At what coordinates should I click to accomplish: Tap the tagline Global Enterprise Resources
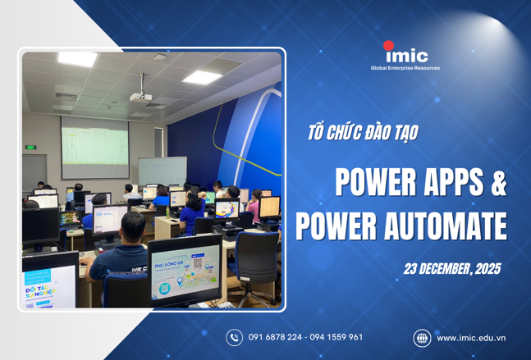pyautogui.click(x=405, y=68)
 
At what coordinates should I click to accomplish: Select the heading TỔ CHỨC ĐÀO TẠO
pyautogui.click(x=362, y=133)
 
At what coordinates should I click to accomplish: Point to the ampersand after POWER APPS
pyautogui.click(x=497, y=185)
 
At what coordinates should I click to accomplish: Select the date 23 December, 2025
pyautogui.click(x=451, y=268)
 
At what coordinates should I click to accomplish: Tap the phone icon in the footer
pyautogui.click(x=235, y=337)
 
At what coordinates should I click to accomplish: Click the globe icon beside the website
pyautogui.click(x=421, y=337)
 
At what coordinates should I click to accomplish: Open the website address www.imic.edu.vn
pyautogui.click(x=471, y=337)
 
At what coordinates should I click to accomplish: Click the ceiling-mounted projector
pyautogui.click(x=141, y=96)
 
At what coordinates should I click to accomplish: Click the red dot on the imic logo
pyautogui.click(x=388, y=46)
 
